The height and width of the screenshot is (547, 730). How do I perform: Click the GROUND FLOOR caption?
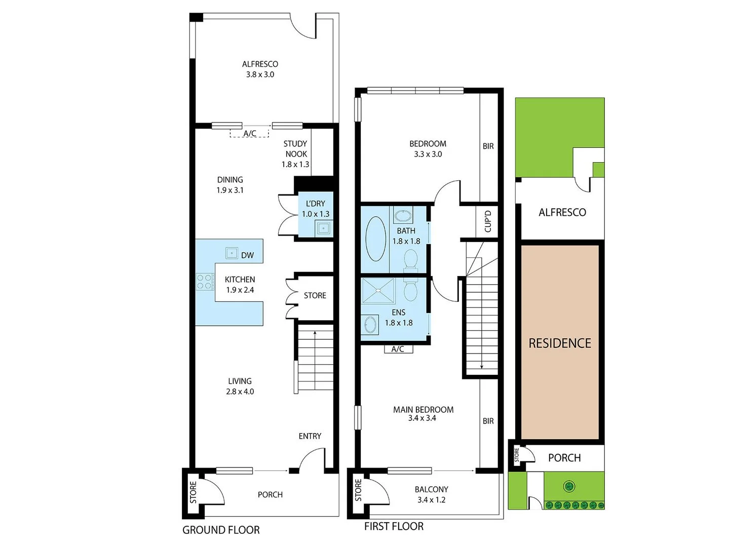pyautogui.click(x=221, y=530)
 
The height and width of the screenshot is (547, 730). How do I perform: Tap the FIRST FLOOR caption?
pyautogui.click(x=394, y=526)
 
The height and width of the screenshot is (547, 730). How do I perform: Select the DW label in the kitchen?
pyautogui.click(x=247, y=255)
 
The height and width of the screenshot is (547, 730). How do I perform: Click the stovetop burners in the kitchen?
pyautogui.click(x=205, y=282)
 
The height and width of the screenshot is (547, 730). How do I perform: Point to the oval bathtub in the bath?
pyautogui.click(x=375, y=239)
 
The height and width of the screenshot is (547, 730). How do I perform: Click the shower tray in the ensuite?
pyautogui.click(x=377, y=290)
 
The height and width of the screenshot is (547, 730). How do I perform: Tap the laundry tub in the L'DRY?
pyautogui.click(x=323, y=229)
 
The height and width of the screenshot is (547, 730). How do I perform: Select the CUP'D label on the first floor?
pyautogui.click(x=488, y=221)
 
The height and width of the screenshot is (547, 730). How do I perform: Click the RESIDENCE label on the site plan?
pyautogui.click(x=560, y=343)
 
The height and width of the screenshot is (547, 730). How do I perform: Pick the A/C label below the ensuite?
pyautogui.click(x=398, y=349)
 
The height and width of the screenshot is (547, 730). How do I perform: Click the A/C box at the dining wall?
pyautogui.click(x=250, y=133)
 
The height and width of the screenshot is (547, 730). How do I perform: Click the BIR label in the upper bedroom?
pyautogui.click(x=488, y=146)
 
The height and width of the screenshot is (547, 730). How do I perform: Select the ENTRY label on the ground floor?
pyautogui.click(x=310, y=436)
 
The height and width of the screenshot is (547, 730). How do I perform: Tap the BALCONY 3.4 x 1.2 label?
pyautogui.click(x=431, y=494)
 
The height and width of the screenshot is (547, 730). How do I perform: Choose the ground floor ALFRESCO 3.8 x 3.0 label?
pyautogui.click(x=260, y=69)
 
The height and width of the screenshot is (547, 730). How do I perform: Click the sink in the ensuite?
pyautogui.click(x=370, y=325)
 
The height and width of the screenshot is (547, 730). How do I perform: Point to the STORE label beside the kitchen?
pyautogui.click(x=315, y=295)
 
